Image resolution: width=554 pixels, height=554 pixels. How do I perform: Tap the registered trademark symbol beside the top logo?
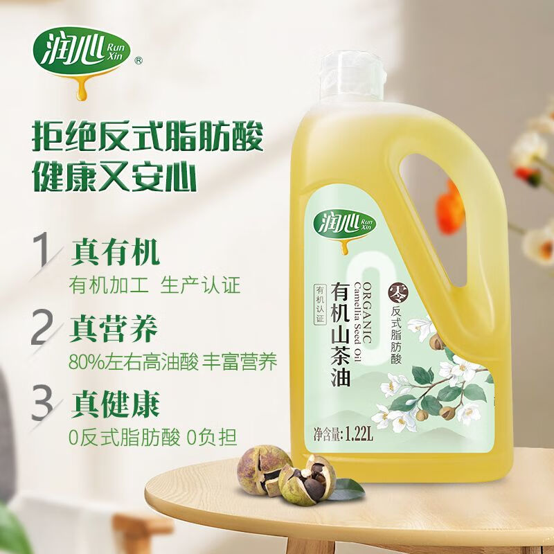click(x=138, y=61)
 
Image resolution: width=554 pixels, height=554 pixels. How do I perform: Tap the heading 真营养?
click(x=114, y=330)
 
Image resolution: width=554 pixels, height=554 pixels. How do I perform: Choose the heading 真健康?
click(x=114, y=404)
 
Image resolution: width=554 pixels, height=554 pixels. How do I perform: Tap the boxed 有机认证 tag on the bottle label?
click(x=319, y=304)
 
